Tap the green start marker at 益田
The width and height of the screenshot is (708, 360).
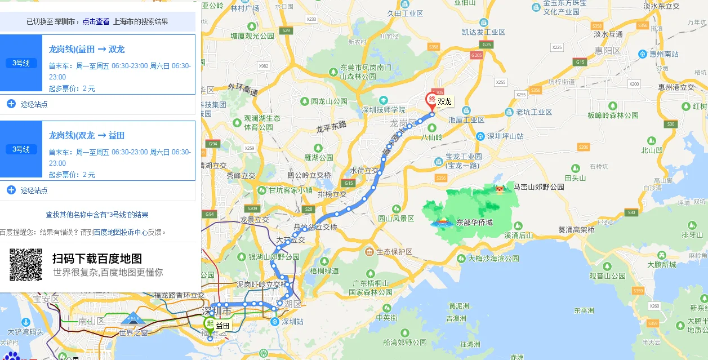pos(210,324)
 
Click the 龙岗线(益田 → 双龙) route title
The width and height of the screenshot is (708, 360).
pos(87,49)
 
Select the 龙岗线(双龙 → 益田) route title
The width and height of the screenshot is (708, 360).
pos(87,135)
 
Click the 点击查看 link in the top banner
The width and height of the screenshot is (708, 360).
pos(96,21)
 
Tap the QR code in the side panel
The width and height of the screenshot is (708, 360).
pos(26,265)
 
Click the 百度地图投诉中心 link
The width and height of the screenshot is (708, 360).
pos(121,232)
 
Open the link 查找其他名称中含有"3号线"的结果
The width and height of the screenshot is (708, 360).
pos(97,215)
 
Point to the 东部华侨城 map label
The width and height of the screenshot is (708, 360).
pos(474,223)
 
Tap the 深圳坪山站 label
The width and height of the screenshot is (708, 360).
pos(505,136)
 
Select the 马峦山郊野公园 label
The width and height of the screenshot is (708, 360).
pos(538,186)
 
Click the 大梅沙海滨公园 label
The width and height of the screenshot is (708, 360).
pos(493,259)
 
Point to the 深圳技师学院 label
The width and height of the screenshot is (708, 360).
pos(383,109)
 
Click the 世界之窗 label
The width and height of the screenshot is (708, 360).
pos(133,332)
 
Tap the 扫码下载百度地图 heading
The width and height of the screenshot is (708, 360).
pos(97,259)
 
